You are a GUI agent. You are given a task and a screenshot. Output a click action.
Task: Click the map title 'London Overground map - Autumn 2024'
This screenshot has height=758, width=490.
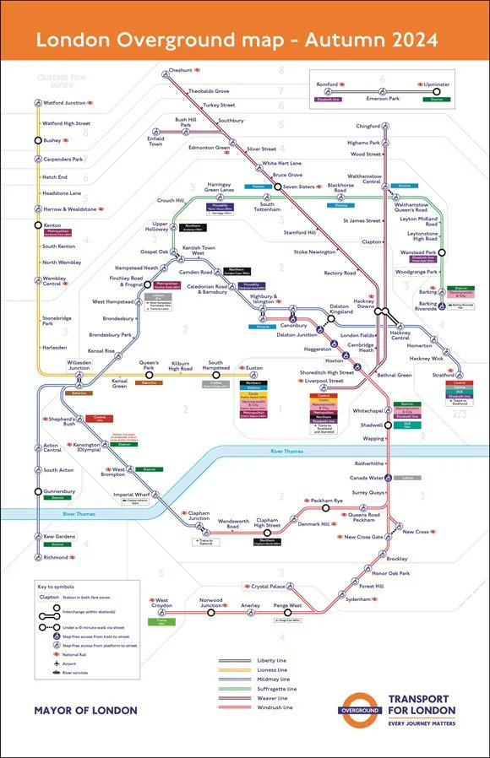(237, 40)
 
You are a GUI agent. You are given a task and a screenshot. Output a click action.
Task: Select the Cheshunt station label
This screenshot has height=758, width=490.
(180, 71)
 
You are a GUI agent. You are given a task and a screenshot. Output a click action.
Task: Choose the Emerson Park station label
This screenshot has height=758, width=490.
(388, 99)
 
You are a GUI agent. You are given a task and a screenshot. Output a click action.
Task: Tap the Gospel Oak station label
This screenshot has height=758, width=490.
(155, 252)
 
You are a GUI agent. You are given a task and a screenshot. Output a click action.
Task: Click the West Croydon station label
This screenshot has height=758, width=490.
(160, 604)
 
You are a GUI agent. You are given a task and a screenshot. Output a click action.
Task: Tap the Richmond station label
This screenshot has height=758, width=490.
(57, 558)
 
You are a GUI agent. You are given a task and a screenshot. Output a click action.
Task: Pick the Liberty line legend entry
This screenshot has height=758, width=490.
(271, 660)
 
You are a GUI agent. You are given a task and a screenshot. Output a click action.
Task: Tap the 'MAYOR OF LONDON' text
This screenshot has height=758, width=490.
(85, 711)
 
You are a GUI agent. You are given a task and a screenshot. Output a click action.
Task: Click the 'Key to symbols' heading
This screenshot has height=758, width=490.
(57, 586)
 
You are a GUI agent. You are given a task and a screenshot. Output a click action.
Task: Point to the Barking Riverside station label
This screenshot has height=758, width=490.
(426, 306)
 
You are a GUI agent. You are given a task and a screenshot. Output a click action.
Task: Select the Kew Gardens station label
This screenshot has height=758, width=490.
(59, 537)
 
